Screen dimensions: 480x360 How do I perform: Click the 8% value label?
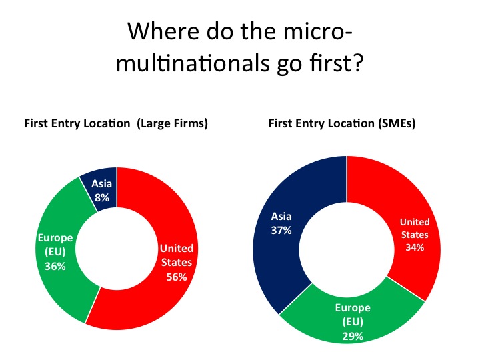(102, 198)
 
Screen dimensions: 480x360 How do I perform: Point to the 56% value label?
(177, 277)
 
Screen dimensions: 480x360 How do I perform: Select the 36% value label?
(55, 266)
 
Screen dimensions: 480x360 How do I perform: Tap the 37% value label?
(281, 230)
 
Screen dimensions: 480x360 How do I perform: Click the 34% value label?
(415, 247)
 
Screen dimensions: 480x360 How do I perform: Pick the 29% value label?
(353, 337)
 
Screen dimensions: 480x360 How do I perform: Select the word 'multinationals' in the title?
(193, 63)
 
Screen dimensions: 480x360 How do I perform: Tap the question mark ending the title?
(358, 62)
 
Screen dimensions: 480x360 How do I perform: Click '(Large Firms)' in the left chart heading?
(173, 123)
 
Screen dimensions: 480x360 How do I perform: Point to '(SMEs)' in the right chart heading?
(397, 123)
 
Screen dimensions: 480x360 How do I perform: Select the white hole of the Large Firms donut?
(117, 248)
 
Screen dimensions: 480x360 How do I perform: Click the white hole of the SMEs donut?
(347, 249)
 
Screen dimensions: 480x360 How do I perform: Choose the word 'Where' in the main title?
(163, 31)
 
